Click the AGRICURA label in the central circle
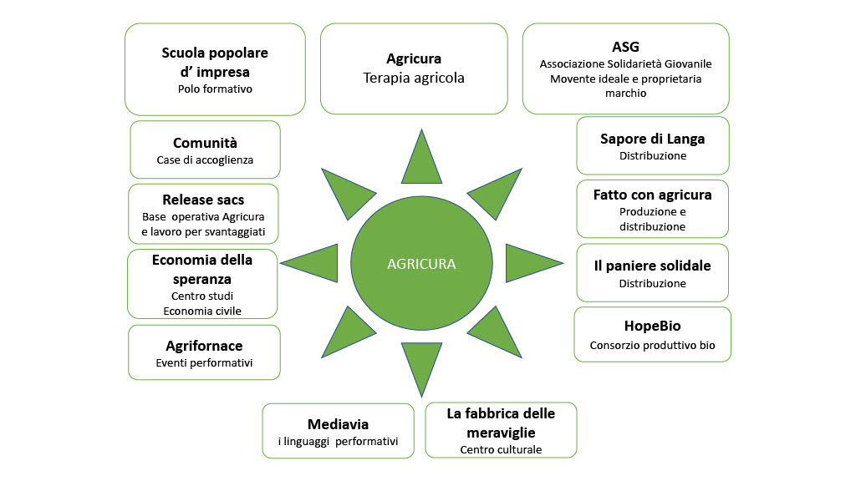click(x=421, y=264)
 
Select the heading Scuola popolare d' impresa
click(x=215, y=63)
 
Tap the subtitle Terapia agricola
click(x=414, y=78)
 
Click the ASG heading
click(x=625, y=46)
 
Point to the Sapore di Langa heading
click(x=653, y=139)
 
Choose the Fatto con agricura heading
click(x=653, y=195)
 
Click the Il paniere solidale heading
click(x=653, y=266)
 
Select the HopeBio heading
click(x=653, y=327)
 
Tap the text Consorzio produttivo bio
click(x=653, y=346)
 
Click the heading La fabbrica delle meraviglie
click(x=501, y=423)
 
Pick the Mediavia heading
click(x=338, y=424)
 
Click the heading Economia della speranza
click(x=202, y=269)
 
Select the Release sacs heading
click(x=204, y=200)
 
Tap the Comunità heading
click(x=205, y=143)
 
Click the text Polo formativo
click(x=215, y=89)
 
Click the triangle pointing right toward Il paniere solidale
click(x=530, y=263)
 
